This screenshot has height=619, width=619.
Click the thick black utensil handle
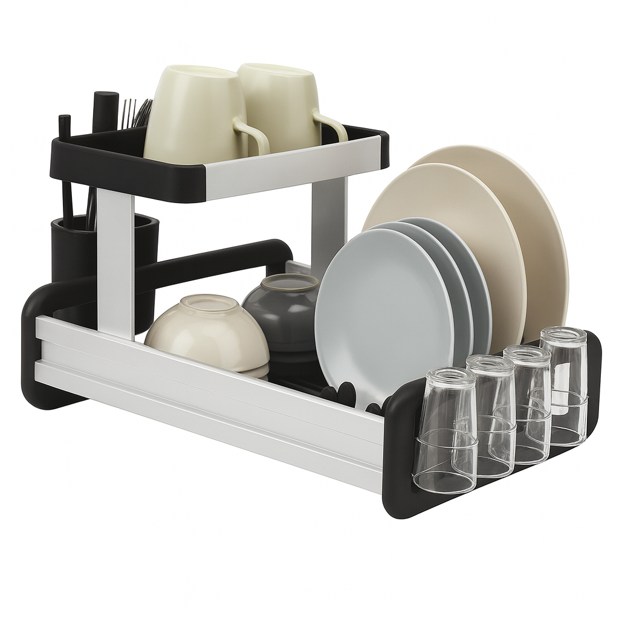pos(106,111)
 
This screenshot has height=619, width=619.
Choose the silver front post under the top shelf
pos(115,260)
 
